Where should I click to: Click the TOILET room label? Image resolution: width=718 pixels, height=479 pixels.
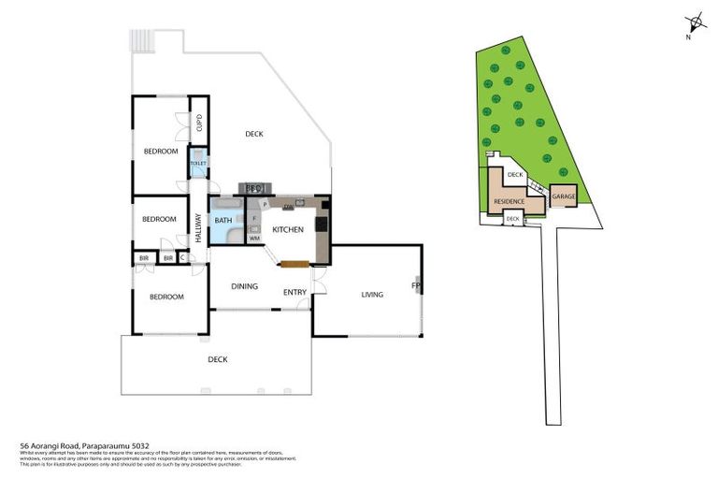pyautogui.click(x=197, y=163)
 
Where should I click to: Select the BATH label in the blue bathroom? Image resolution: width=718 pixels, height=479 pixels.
pyautogui.click(x=223, y=221)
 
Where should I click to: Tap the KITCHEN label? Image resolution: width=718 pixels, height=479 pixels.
pyautogui.click(x=288, y=229)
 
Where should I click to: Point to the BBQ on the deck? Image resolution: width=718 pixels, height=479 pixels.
pyautogui.click(x=253, y=188)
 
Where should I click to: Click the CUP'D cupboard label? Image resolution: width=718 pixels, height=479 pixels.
pyautogui.click(x=199, y=122)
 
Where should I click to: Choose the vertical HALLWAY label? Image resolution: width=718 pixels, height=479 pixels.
pyautogui.click(x=198, y=228)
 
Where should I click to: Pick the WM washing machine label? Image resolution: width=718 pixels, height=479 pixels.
pyautogui.click(x=254, y=239)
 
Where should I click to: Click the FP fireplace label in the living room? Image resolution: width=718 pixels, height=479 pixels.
pyautogui.click(x=416, y=285)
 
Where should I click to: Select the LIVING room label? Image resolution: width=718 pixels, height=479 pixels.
pyautogui.click(x=372, y=295)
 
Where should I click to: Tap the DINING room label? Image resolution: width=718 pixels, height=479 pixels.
pyautogui.click(x=244, y=286)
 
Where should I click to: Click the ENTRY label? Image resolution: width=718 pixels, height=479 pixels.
pyautogui.click(x=294, y=292)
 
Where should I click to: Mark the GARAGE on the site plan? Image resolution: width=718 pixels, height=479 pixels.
pyautogui.click(x=563, y=196)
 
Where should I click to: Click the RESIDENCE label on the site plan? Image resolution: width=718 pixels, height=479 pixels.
pyautogui.click(x=510, y=201)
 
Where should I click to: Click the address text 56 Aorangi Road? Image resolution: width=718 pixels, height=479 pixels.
pyautogui.click(x=85, y=446)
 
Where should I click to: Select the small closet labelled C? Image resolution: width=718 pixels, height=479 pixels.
pyautogui.click(x=182, y=257)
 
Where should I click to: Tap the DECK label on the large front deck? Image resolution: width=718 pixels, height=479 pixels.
pyautogui.click(x=218, y=359)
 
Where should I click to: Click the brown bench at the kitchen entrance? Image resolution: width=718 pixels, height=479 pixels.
pyautogui.click(x=293, y=264)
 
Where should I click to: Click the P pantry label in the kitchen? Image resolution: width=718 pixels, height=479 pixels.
pyautogui.click(x=265, y=204)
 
